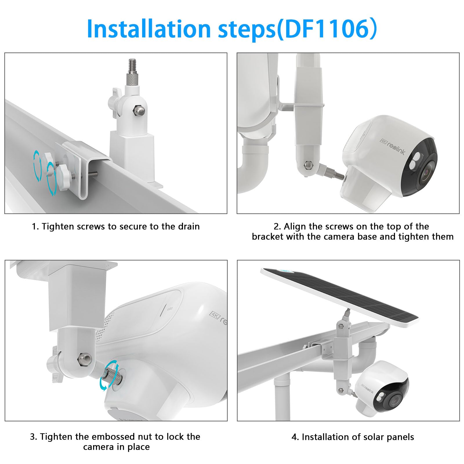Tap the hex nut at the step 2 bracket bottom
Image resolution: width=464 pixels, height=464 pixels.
coord(307,166)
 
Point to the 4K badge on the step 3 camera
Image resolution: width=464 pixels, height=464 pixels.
coord(215,315)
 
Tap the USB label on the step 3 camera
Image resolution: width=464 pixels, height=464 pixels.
coord(170,309)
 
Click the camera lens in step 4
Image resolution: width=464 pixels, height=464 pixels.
coord(395,401)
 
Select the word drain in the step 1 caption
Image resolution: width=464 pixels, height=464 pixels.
coord(189,226)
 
